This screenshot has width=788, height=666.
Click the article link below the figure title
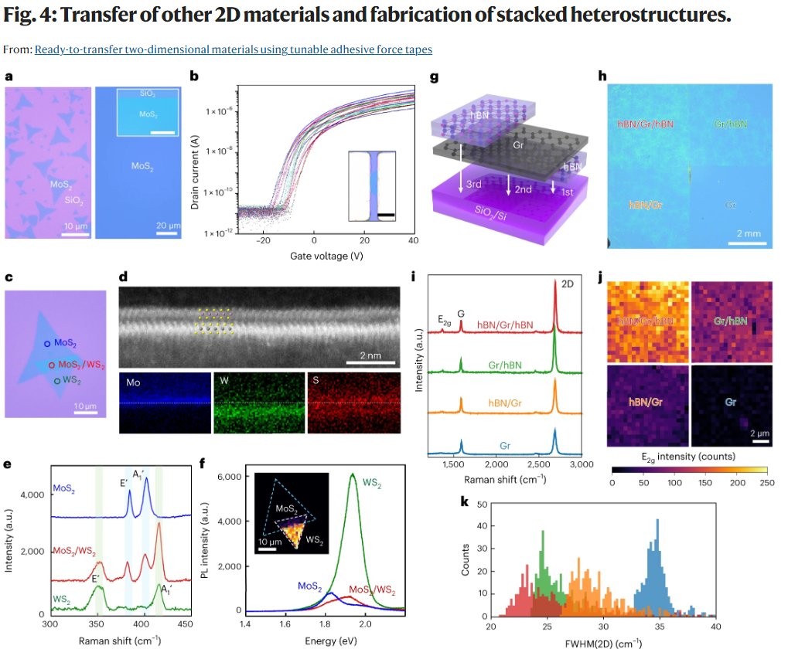tap(233, 49)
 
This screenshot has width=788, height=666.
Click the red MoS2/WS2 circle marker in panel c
tap(52, 364)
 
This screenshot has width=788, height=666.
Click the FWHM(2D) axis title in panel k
tap(604, 642)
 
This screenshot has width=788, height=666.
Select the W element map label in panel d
tap(221, 382)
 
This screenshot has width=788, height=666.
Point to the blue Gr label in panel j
tap(731, 402)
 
